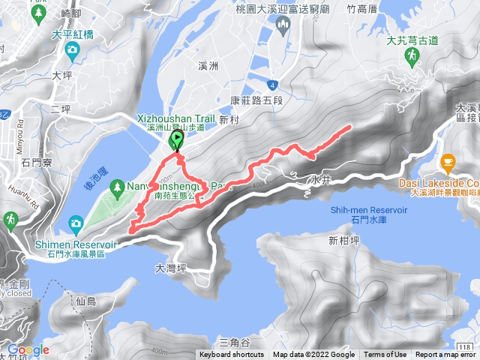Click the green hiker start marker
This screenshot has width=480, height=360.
pos(177,140)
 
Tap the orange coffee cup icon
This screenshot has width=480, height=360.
pos(448,160)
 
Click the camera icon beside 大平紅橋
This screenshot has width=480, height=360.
pos(73,51)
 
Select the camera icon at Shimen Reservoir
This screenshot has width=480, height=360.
pos(76,223)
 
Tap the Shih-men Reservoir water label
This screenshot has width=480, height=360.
pos(368,210)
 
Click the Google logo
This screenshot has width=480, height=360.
pos(28,349)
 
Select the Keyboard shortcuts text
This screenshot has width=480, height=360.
pos(232,355)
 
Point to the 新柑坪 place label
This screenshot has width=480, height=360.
pos(343,241)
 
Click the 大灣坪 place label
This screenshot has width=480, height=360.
pos(170,267)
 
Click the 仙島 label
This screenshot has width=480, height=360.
pos(86,301)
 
